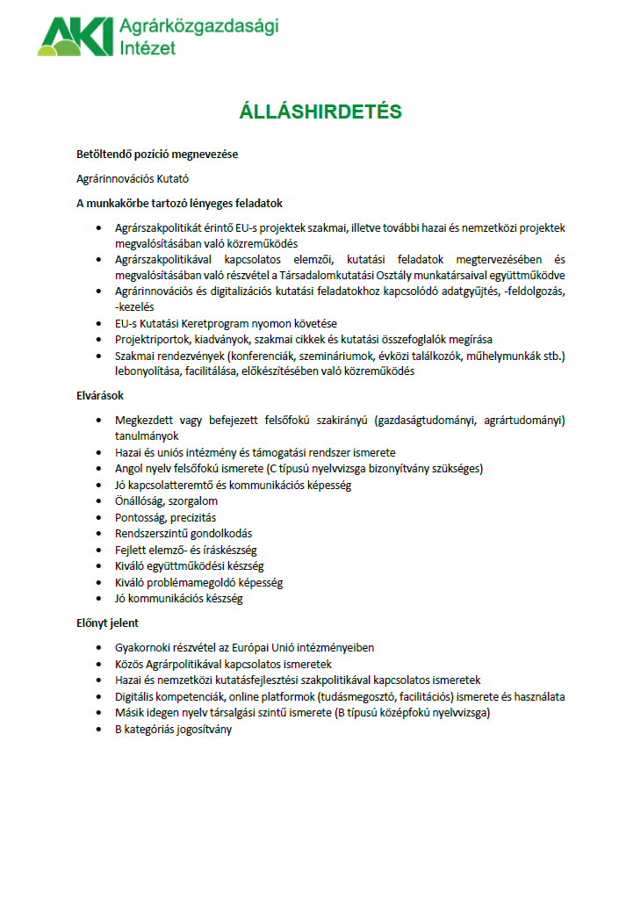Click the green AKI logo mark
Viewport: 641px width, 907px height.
click(x=76, y=36)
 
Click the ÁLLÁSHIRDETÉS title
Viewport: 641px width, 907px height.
click(x=320, y=112)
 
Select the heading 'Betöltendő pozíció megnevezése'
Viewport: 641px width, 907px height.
click(x=157, y=155)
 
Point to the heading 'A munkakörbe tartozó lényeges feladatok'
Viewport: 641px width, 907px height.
click(x=179, y=203)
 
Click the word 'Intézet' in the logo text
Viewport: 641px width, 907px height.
click(x=147, y=47)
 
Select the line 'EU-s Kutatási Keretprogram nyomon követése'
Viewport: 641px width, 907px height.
click(x=226, y=323)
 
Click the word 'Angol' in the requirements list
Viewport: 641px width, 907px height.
click(x=129, y=468)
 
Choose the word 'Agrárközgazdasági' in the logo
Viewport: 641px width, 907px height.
click(x=198, y=27)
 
